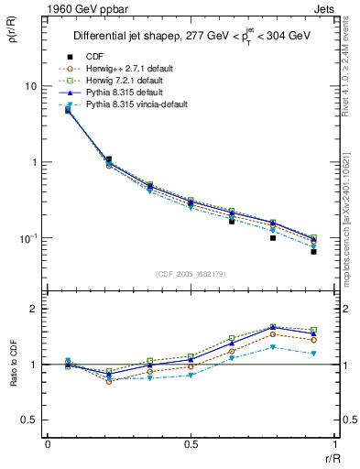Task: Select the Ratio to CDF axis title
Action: pos(15,365)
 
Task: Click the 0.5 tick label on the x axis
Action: pos(191,444)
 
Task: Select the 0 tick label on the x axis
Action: pos(48,444)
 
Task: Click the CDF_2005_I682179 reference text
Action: pos(191,274)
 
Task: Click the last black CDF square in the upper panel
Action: pos(313,251)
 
